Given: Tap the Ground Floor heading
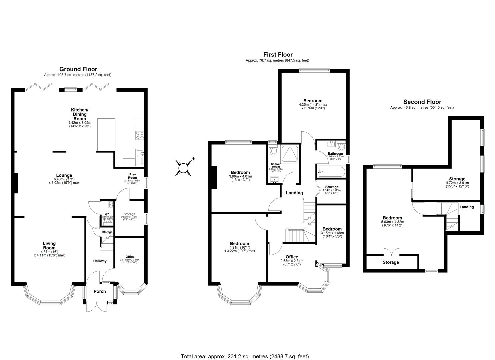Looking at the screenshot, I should coord(78,69).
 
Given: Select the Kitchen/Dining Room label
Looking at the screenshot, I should coord(80,114).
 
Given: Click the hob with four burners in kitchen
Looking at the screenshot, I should coord(139,135).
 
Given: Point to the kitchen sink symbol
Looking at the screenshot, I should coord(140,154).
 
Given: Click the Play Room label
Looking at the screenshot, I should coord(133,176).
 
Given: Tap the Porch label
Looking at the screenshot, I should coord(100,291).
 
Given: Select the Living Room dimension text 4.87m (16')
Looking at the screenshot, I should coord(49,251).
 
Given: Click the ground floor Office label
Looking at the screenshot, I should coord(130,257).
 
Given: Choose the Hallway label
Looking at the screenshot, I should coord(100,261).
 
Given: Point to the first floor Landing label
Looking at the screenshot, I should coord(294,193).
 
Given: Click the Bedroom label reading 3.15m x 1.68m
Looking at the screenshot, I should coord(332,229).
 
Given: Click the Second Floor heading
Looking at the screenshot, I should coord(422,102).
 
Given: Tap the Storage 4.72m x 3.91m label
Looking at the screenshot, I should coord(457,179).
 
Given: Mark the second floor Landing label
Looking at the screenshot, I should coord(467,207).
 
